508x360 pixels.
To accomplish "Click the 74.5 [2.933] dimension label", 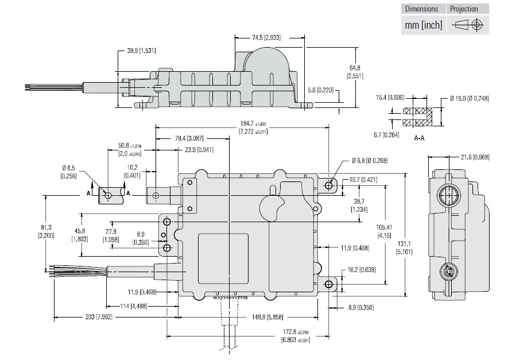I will (266, 37).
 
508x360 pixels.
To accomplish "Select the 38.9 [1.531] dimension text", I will (141, 51).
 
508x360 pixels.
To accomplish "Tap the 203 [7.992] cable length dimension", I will (81, 316).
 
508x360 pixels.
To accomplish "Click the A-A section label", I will (419, 138).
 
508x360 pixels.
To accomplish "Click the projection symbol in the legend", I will (468, 25).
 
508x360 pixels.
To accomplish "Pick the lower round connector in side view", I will (448, 271).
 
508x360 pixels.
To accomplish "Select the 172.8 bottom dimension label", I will (295, 335).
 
